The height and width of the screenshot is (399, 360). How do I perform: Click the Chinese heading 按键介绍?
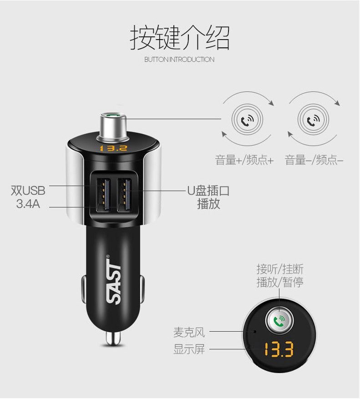click(x=180, y=38)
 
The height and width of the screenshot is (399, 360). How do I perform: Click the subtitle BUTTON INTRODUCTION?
click(x=179, y=60)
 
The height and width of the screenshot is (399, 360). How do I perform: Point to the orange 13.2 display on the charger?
click(x=113, y=148)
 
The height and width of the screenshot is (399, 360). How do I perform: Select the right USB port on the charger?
click(x=124, y=193)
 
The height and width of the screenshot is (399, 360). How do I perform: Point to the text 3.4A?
click(x=28, y=204)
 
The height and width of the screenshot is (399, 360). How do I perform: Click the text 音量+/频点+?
click(x=244, y=160)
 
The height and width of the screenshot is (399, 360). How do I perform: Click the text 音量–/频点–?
click(x=314, y=160)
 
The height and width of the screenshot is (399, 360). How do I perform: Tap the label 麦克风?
click(x=189, y=333)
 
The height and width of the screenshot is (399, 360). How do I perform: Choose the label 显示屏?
click(x=189, y=349)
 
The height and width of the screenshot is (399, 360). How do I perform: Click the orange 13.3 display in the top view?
click(x=279, y=350)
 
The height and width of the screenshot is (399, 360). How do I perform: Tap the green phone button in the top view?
click(x=279, y=320)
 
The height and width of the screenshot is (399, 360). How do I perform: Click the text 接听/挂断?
click(x=279, y=269)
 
